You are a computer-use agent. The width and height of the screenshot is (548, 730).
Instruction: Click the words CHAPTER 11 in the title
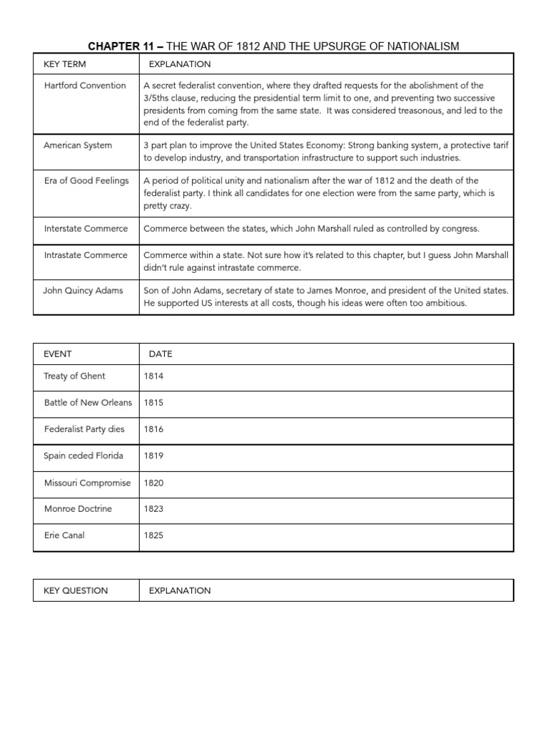[x=120, y=46]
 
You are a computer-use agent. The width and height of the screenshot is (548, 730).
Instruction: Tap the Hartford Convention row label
[x=84, y=86]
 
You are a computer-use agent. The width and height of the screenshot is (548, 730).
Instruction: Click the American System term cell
[x=78, y=145]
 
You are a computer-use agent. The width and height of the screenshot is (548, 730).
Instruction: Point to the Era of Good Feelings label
[x=86, y=180]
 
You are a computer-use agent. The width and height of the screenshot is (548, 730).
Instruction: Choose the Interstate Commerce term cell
[x=86, y=229]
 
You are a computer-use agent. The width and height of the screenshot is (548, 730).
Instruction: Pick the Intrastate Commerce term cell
[x=86, y=255]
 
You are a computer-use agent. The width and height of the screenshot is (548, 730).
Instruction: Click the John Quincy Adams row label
[x=83, y=290]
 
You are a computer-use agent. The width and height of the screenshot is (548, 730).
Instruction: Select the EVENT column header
[x=58, y=354]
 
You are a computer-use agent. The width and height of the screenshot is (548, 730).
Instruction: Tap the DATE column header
[x=161, y=354]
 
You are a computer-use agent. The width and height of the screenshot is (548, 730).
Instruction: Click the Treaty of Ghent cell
[x=74, y=376]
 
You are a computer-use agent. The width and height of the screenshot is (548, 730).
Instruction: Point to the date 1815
[x=153, y=403]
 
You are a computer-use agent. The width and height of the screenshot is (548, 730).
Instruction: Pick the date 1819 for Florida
[x=153, y=456]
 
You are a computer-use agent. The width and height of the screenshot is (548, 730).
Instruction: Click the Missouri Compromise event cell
[x=87, y=483]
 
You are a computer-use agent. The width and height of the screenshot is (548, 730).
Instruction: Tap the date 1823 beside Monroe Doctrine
[x=153, y=509]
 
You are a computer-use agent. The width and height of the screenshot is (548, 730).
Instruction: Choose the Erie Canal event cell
[x=64, y=535]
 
